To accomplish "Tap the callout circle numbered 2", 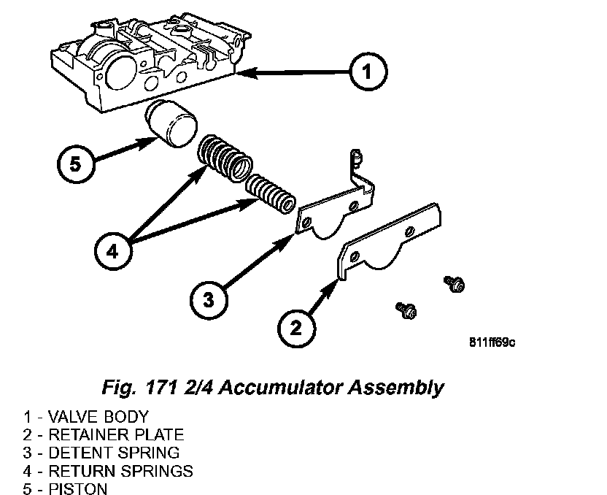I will click(x=294, y=326).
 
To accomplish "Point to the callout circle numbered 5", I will click(x=76, y=163).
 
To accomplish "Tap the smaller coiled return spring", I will click(x=269, y=193).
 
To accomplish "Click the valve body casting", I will click(x=146, y=58).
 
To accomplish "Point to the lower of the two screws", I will click(x=406, y=310).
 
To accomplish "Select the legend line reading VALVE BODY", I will click(x=85, y=418).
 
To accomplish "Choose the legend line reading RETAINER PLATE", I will click(x=103, y=435).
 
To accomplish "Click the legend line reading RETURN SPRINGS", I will click(x=108, y=470).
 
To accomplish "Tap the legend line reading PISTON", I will click(x=65, y=488).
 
